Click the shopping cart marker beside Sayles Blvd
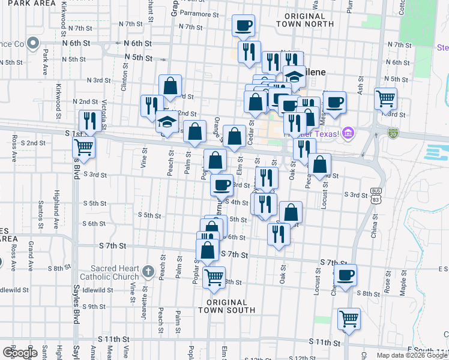click(84, 147)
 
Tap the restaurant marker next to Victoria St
click(88, 121)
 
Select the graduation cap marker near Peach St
click(166, 122)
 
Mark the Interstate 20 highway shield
click(393, 132)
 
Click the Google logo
click(20, 352)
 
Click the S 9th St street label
click(94, 307)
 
